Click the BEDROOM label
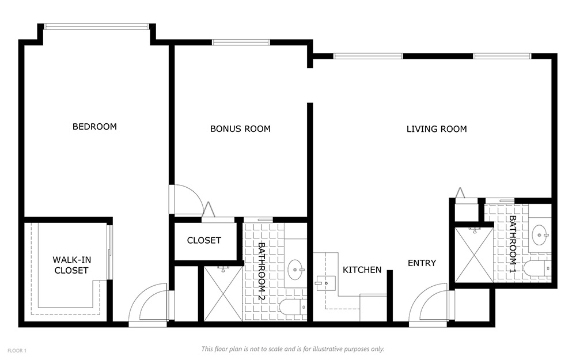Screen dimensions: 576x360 pyautogui.click(x=94, y=127)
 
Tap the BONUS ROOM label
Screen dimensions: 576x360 pyautogui.click(x=240, y=129)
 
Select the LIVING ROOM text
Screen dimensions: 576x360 pyautogui.click(x=437, y=129)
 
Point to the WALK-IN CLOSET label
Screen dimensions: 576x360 pyautogui.click(x=71, y=265)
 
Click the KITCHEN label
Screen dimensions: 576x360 pyautogui.click(x=362, y=270)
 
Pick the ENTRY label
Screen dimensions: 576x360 pyautogui.click(x=422, y=263)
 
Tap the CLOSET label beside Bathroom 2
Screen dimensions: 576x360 pyautogui.click(x=204, y=241)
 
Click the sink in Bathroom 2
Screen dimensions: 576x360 pyautogui.click(x=295, y=270)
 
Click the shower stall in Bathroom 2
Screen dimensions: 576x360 pyautogui.click(x=223, y=294)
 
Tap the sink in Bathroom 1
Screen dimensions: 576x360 pyautogui.click(x=541, y=234)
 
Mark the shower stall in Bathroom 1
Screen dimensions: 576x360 pyautogui.click(x=474, y=255)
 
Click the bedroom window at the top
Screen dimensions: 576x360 pyautogui.click(x=97, y=26)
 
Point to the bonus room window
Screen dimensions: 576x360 pyautogui.click(x=241, y=42)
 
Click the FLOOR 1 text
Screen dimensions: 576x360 pyautogui.click(x=17, y=351)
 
